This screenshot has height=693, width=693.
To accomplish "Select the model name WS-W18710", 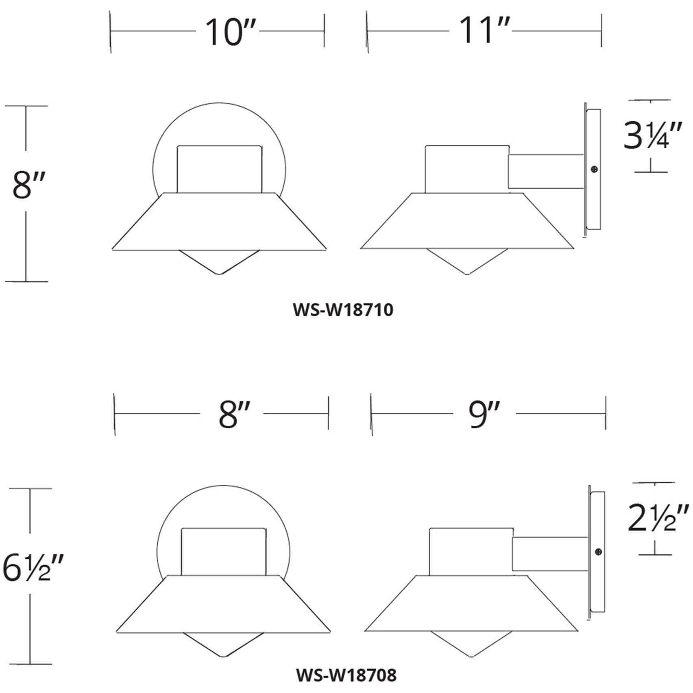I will coord(343,310).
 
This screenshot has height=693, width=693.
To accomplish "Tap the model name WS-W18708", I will coord(346,676).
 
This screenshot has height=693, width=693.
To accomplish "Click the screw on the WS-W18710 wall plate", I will coord(595,169).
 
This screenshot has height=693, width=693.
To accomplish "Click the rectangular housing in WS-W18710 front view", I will coord(219,169).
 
